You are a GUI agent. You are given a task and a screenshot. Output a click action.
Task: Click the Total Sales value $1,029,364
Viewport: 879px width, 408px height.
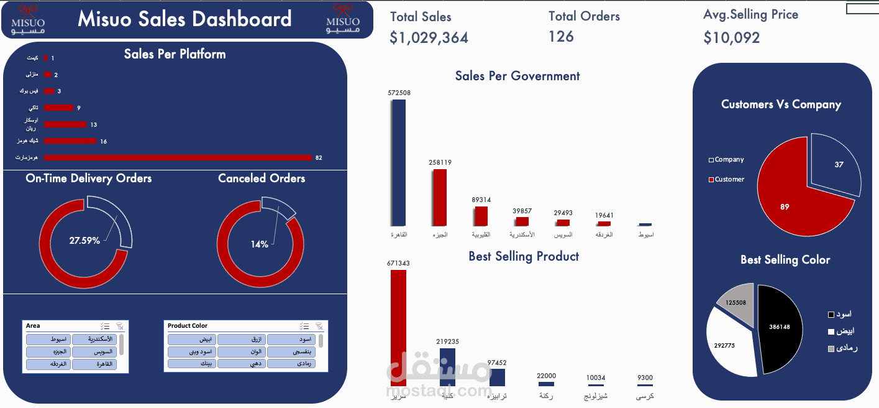tap(429, 38)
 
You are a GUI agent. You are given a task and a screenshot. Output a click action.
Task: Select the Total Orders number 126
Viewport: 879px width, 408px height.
tap(561, 37)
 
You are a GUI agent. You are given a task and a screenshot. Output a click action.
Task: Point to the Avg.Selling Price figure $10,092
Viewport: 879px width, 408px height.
tap(731, 38)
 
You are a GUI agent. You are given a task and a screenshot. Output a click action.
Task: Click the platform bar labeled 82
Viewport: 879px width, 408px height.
tap(178, 157)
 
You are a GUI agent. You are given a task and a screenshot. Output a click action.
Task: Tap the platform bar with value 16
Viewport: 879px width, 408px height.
tap(70, 141)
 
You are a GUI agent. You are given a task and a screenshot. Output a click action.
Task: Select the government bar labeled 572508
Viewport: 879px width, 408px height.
tap(398, 162)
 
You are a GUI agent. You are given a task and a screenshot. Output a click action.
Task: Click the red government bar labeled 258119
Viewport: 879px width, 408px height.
tap(440, 197)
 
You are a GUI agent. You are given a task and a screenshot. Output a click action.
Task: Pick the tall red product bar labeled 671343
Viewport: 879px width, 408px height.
tap(398, 327)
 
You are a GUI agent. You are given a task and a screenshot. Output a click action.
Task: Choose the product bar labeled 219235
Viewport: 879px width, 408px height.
tap(447, 367)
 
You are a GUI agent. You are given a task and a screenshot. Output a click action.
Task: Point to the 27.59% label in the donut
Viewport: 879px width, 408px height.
tap(84, 240)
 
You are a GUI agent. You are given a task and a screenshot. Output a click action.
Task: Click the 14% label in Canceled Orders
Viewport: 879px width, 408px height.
tap(260, 244)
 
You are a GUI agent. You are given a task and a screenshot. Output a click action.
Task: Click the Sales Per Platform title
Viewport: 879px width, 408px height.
tap(175, 54)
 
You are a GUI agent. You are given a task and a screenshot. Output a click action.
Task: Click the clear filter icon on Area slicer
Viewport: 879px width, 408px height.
tap(120, 326)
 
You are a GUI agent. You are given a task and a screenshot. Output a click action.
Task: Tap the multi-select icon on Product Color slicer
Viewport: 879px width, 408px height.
tap(304, 326)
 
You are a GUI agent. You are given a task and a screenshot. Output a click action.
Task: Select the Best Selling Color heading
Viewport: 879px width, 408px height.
tap(785, 260)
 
